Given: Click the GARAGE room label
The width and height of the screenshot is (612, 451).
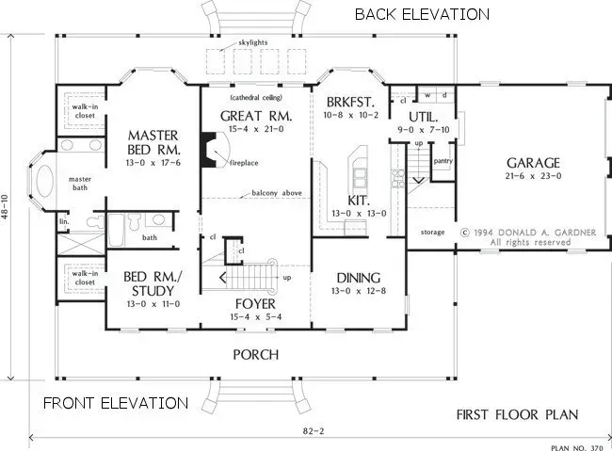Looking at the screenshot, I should tap(533, 162).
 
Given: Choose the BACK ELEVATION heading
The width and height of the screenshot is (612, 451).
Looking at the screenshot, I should tap(421, 14).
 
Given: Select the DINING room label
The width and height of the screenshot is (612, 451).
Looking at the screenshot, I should tap(357, 278).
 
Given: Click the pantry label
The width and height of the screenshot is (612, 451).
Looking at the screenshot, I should tap(443, 161).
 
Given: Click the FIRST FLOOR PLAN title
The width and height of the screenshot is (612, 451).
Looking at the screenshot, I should tap(517, 414).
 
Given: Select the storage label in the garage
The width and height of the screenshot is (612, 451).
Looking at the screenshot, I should tap(433, 231).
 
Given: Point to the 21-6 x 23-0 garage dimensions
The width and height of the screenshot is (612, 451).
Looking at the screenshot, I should tap(533, 175).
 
